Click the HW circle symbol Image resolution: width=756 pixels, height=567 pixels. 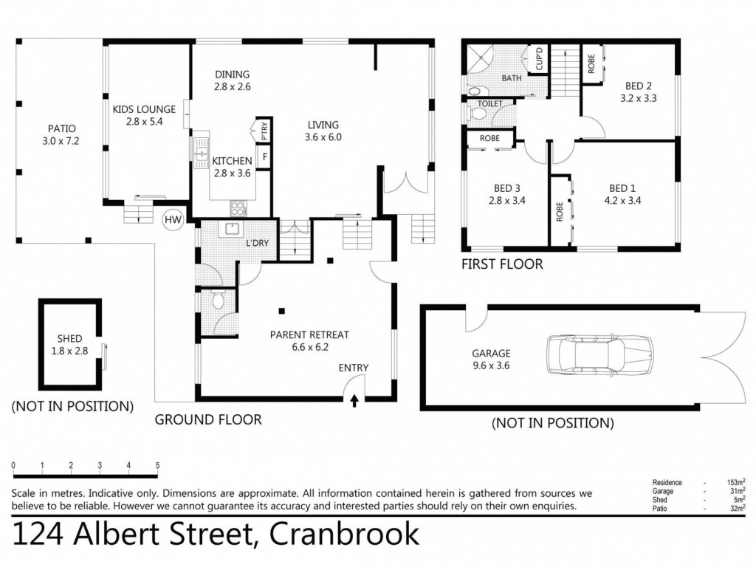[173, 219]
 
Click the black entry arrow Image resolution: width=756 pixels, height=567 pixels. [354, 401]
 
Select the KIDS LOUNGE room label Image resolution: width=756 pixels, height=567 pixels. [137, 109]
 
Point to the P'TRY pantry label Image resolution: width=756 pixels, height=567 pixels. [264, 131]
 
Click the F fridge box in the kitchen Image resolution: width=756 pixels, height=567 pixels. [264, 158]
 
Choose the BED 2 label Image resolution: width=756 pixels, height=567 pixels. [638, 85]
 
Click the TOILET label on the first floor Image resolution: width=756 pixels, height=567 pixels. [490, 104]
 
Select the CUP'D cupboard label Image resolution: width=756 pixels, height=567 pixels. [539, 60]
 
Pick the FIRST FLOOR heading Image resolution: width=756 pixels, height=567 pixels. [502, 264]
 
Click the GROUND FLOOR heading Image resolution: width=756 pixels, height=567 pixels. [207, 420]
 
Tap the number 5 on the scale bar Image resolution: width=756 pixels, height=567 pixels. [157, 465]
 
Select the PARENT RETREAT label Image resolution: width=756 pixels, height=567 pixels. [309, 334]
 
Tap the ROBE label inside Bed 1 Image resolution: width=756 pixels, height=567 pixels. [560, 212]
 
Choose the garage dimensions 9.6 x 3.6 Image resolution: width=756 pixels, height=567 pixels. [491, 365]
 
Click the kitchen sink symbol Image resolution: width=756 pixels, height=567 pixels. [201, 154]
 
